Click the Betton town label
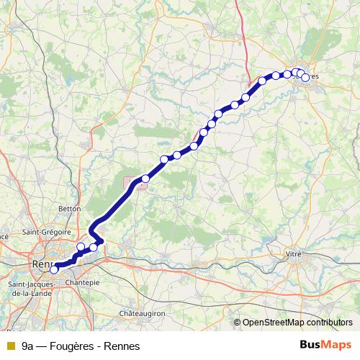[69, 208]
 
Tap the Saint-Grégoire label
[48, 232]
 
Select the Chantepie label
[81, 283]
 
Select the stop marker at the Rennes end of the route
[53, 270]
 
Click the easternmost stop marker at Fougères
[305, 77]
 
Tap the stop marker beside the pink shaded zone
[145, 179]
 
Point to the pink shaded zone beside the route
[138, 184]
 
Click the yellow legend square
[10, 346]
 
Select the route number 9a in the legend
[27, 346]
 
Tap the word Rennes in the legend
[122, 346]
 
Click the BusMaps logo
[325, 346]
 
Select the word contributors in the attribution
[328, 323]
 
